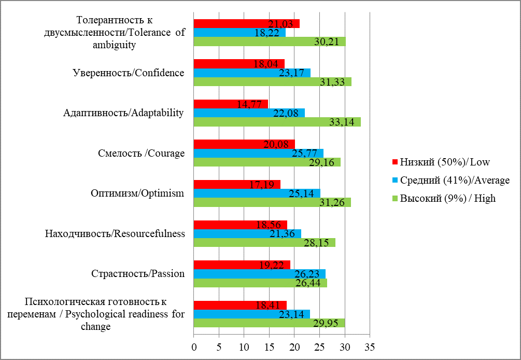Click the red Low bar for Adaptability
(x=231, y=104)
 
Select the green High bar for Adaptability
(x=277, y=122)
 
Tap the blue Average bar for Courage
(x=258, y=153)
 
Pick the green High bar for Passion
(x=260, y=283)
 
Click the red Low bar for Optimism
(x=237, y=185)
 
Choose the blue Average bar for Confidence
(x=252, y=73)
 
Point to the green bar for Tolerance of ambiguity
(x=270, y=41)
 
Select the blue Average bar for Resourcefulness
(x=247, y=233)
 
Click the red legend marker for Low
(x=395, y=162)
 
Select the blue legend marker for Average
(x=395, y=181)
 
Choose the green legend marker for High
(x=395, y=199)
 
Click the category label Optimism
(x=137, y=194)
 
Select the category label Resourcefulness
(x=115, y=234)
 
